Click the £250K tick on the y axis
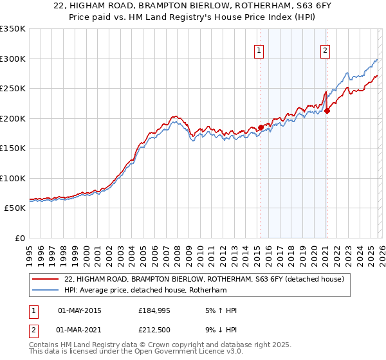tap(13, 89)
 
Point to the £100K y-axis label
tap(13, 178)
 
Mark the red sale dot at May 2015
tap(261, 127)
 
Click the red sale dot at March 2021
tap(327, 111)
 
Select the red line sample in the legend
tap(46, 279)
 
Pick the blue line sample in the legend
tap(46, 290)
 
